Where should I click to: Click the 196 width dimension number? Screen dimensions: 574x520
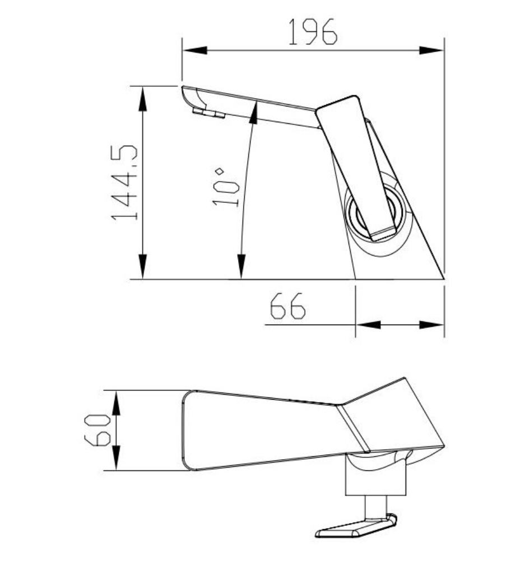click(313, 32)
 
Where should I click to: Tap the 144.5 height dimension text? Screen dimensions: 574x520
click(124, 183)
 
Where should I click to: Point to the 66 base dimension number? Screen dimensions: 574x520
click(287, 307)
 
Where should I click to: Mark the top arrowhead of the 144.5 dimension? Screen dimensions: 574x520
click(143, 98)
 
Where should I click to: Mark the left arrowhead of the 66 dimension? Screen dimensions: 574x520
click(368, 325)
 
